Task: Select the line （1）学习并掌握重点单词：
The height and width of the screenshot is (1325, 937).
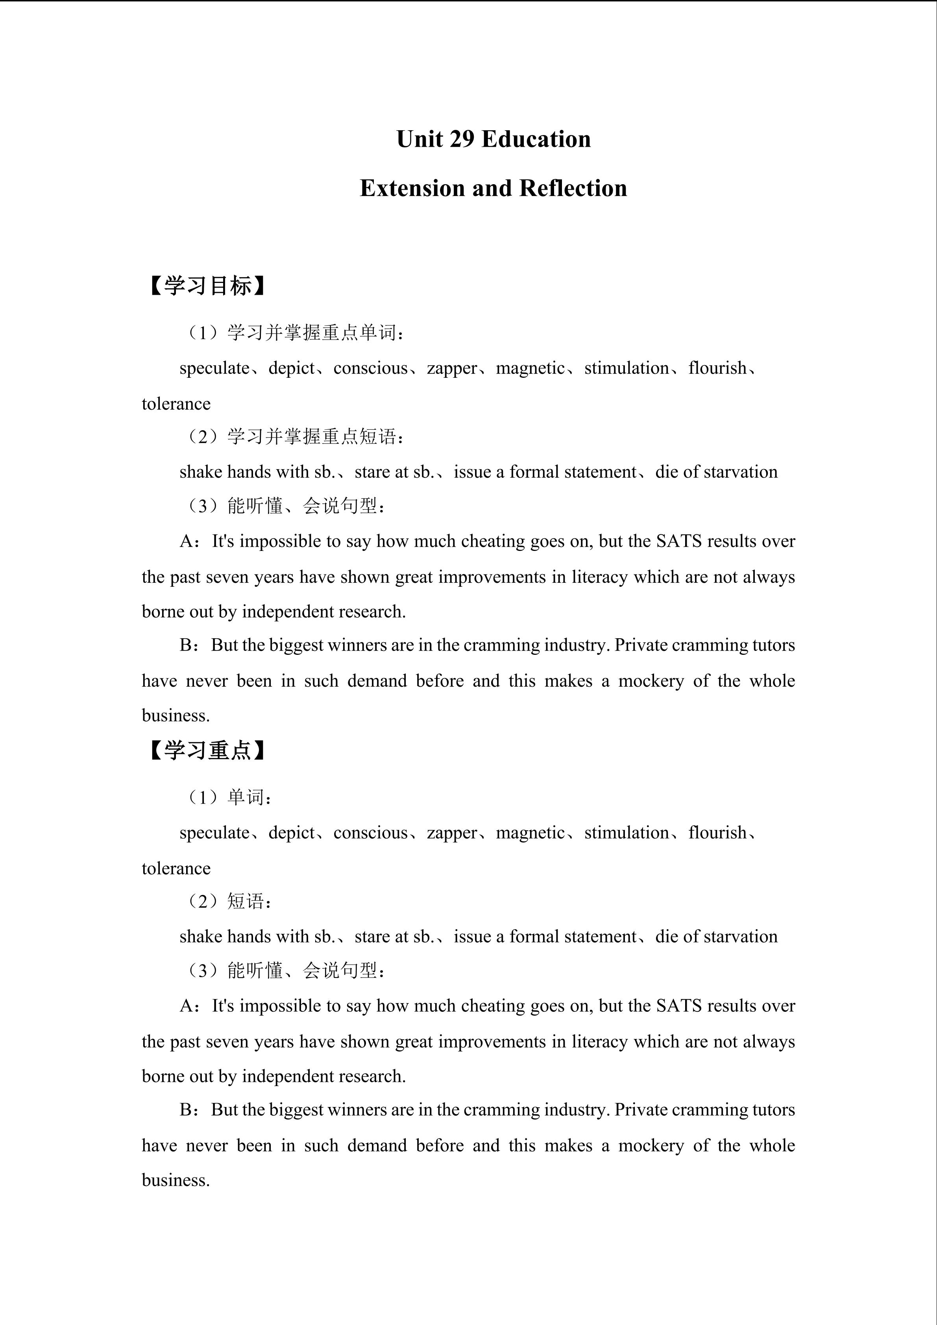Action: point(294,333)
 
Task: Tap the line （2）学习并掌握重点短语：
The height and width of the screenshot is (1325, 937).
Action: point(294,437)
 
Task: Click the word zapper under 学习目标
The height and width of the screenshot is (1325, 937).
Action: point(452,368)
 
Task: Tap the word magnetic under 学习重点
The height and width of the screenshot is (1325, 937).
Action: point(530,833)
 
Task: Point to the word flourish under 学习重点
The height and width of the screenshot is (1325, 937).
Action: point(717,833)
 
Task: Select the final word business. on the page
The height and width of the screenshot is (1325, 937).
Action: point(176,1181)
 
